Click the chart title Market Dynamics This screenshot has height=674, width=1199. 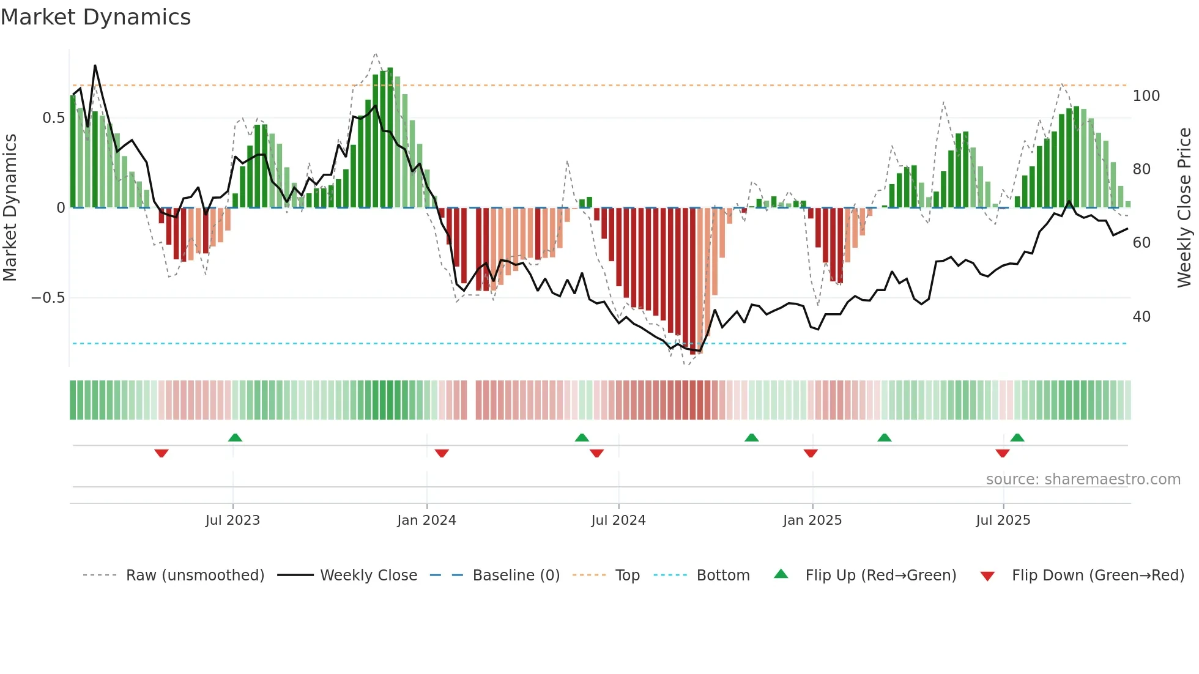(95, 17)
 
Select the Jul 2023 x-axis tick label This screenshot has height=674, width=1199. (232, 520)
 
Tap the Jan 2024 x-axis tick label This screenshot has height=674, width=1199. (426, 520)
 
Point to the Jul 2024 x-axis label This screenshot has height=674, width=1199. (618, 520)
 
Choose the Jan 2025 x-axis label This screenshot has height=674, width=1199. (812, 520)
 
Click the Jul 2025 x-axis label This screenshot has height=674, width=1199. (1003, 520)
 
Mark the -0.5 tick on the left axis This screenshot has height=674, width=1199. (48, 298)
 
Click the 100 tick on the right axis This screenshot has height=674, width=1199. (1146, 96)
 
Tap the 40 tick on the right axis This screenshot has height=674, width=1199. (1141, 317)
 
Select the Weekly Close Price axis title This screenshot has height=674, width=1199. (1184, 208)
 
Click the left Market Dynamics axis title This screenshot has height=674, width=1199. (10, 208)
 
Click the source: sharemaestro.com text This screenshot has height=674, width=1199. (1083, 480)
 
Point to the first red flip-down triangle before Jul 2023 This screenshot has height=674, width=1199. (161, 453)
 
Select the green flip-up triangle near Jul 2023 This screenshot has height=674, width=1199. (235, 437)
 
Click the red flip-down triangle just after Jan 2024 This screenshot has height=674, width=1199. (442, 453)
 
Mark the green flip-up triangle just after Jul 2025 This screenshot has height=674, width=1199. (1017, 437)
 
